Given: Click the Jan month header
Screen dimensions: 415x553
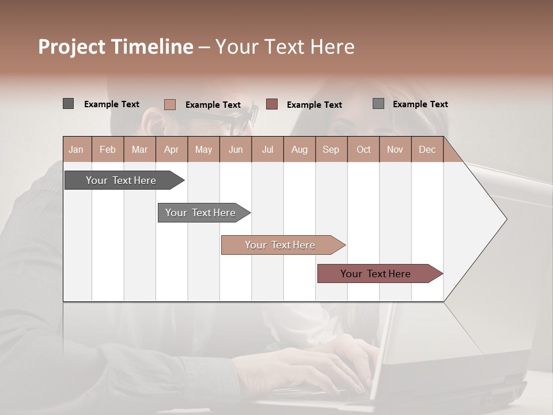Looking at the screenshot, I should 76,149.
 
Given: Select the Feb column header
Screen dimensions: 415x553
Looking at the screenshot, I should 108,149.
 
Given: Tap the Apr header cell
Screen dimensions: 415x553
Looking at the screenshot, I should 171,149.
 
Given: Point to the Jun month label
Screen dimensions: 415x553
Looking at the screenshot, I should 236,149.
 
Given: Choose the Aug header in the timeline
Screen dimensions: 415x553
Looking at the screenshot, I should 299,149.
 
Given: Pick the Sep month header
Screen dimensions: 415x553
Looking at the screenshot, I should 331,149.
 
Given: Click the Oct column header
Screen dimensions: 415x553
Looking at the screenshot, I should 363,149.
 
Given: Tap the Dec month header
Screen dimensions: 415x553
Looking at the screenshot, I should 427,149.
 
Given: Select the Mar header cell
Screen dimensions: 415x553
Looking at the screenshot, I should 139,149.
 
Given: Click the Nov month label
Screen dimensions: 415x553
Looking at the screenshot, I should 395,149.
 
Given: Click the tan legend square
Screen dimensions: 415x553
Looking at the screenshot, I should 170,104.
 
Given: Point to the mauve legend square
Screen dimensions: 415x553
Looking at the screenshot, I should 272,104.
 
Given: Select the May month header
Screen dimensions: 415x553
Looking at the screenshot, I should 203,149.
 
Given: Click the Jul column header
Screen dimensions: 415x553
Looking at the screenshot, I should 267,149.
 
